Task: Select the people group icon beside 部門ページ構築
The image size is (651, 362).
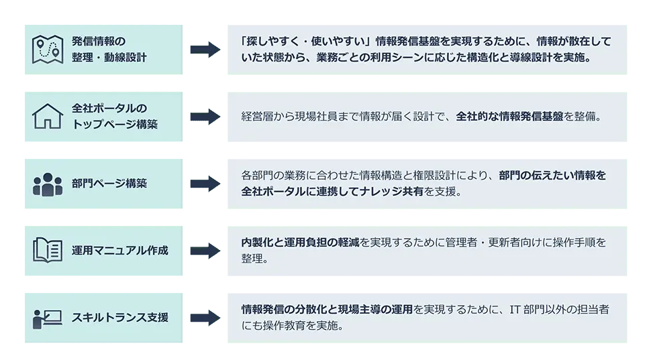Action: (47, 184)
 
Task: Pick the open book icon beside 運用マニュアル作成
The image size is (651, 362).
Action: (47, 250)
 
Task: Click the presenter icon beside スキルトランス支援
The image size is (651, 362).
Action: (47, 317)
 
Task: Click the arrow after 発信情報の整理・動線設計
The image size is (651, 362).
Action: (204, 48)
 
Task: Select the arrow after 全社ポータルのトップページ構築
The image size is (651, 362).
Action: (204, 117)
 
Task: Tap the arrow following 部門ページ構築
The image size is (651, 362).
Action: (204, 183)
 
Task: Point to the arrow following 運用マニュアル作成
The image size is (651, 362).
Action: (204, 251)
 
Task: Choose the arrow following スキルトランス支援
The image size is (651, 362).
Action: (204, 317)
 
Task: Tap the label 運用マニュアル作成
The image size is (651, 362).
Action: (119, 251)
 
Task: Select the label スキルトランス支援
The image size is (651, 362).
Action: (119, 317)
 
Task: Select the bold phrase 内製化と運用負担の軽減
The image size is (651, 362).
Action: (300, 243)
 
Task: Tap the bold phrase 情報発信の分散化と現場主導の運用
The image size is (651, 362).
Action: (327, 310)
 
